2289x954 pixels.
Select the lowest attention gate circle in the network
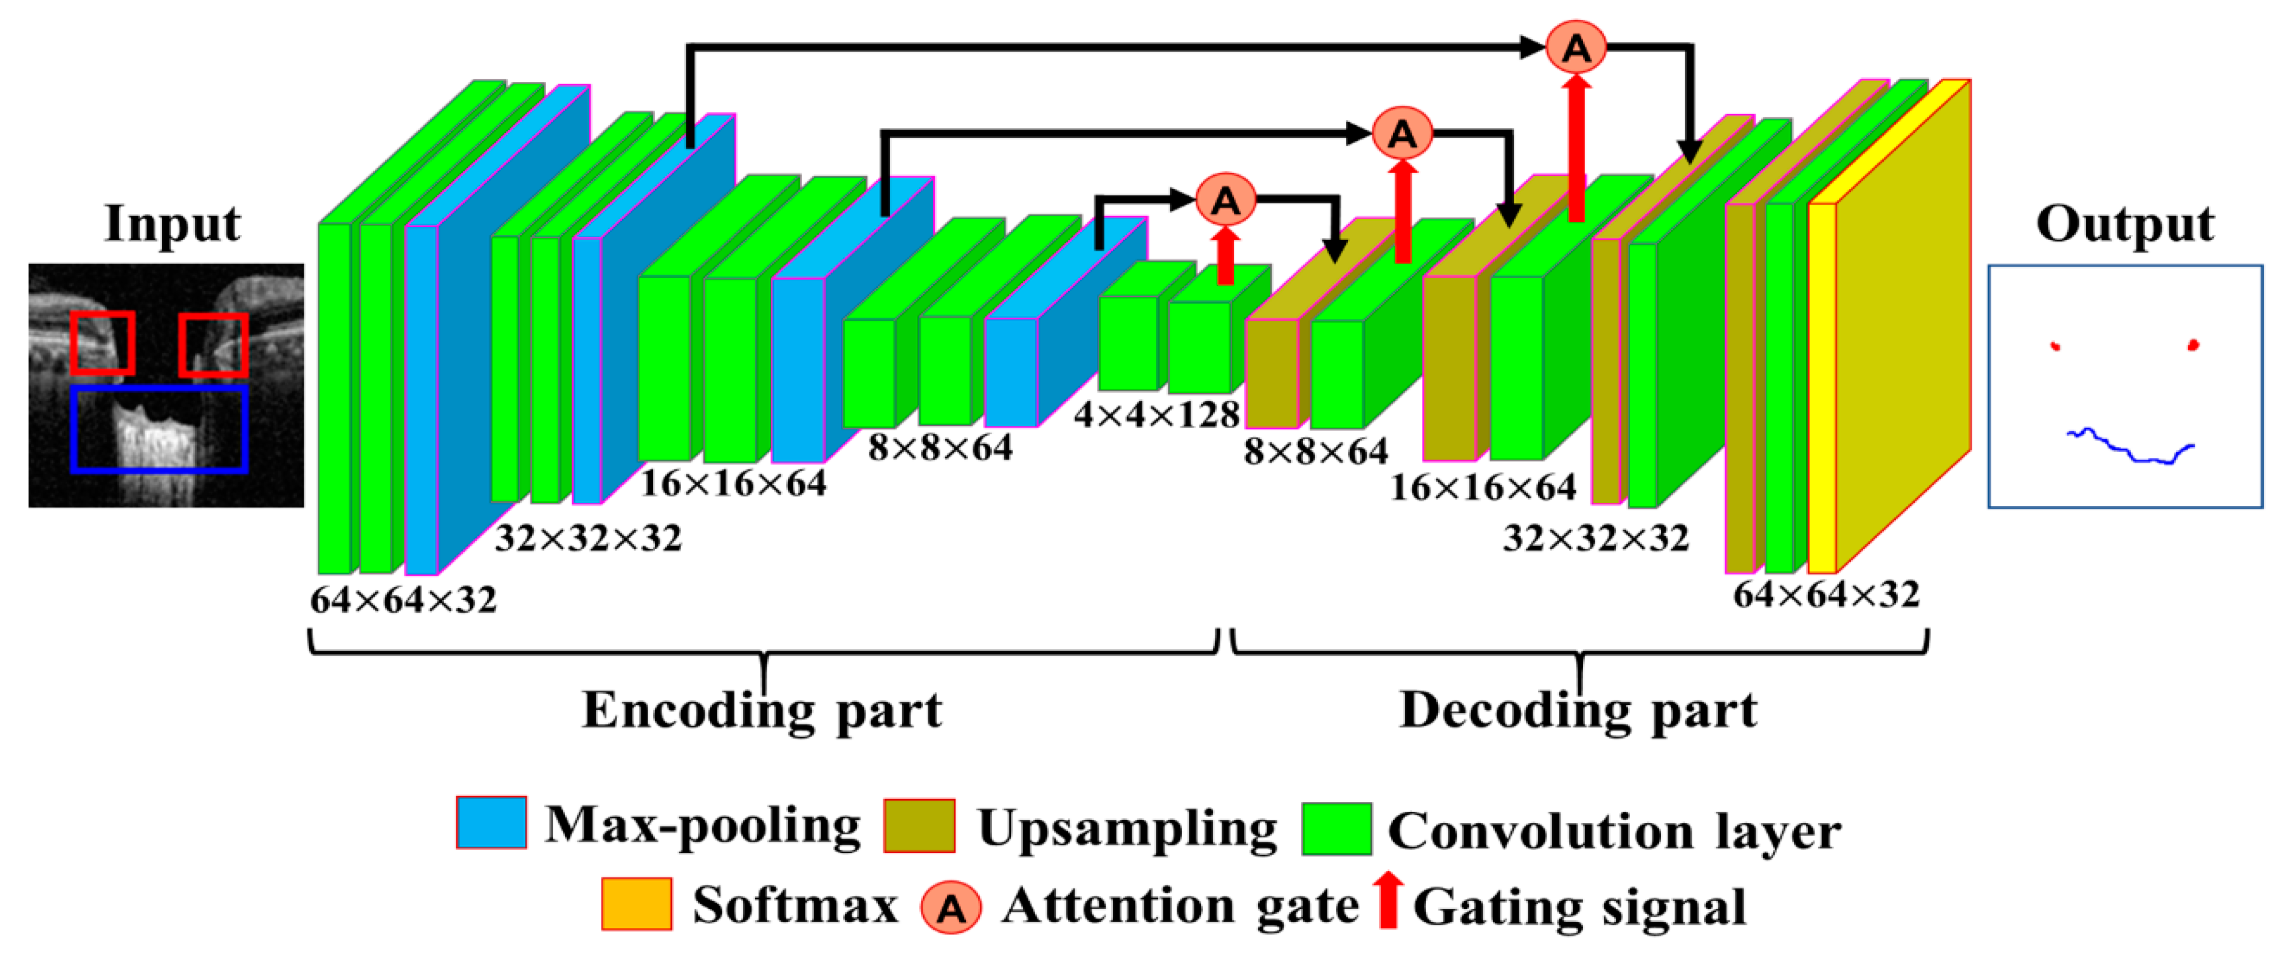1225,199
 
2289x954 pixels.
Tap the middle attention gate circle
1401,133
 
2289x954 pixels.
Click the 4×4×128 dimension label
1156,414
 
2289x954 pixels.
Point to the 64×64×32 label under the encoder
403,601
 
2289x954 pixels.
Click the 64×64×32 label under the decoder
1826,593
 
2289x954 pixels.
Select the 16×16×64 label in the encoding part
733,483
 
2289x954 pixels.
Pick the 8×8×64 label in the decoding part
1315,451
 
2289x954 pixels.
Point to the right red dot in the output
2193,345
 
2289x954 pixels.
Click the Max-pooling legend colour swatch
491,823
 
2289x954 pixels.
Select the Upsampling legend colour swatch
919,826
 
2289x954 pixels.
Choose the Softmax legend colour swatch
636,904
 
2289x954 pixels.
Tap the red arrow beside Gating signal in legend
1387,901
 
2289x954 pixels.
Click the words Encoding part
762,710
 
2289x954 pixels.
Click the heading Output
2124,224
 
